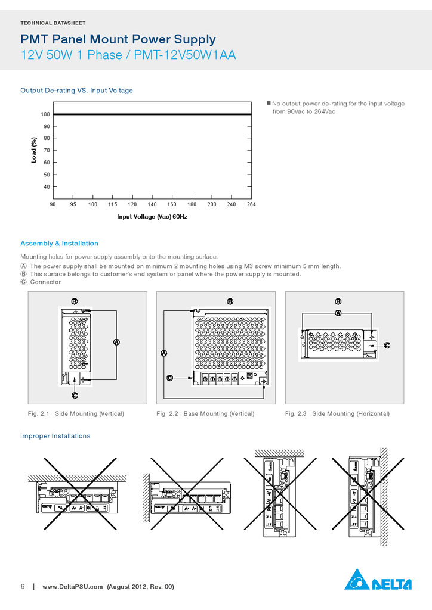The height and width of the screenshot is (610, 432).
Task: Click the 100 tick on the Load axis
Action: [45, 114]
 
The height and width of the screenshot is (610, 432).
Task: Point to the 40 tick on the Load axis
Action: [47, 187]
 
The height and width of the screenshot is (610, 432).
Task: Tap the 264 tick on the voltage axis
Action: [251, 204]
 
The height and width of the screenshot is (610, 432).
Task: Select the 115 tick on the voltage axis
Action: [113, 204]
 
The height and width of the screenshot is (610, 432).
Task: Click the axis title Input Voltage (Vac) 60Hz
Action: [152, 217]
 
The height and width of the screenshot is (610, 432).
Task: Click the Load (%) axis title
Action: [35, 151]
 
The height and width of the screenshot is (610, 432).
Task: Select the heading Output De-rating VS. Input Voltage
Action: [76, 91]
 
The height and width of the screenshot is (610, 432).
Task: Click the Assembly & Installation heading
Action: [59, 244]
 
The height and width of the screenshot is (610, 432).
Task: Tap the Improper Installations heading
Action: [55, 436]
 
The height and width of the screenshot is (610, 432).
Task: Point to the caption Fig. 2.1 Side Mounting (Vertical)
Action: [76, 413]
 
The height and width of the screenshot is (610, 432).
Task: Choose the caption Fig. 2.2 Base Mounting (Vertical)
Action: [205, 413]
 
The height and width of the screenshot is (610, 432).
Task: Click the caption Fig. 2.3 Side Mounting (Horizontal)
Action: [337, 413]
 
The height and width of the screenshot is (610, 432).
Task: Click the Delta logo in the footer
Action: [378, 580]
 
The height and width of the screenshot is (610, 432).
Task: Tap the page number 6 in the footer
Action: [23, 587]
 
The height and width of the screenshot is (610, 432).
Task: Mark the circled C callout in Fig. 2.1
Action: [75, 396]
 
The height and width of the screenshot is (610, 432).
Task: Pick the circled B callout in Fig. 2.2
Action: [230, 302]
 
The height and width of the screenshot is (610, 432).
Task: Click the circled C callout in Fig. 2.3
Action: [387, 345]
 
